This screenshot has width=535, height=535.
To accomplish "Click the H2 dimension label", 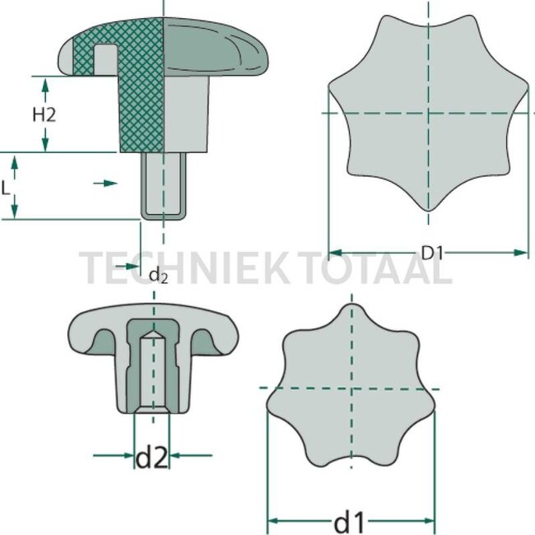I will tap(44, 115).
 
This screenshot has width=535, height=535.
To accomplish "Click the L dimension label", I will tap(7, 188).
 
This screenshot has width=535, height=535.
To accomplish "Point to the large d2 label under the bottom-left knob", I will tap(152, 456).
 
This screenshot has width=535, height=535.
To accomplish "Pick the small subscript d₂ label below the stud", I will tap(158, 275).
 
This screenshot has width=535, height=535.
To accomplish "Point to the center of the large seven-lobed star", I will tap(429, 113).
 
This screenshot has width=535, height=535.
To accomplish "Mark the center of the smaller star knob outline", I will tap(351, 387).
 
